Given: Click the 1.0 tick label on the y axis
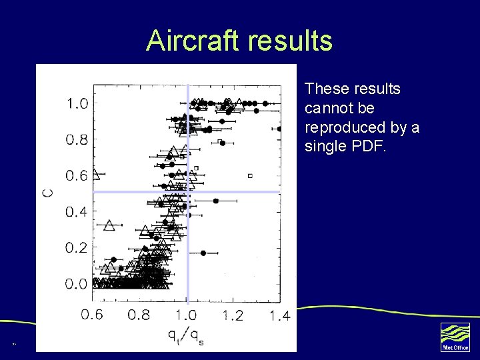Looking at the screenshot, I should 76,103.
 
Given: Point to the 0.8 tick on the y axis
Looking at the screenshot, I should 76,139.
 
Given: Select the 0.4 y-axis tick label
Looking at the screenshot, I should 76,212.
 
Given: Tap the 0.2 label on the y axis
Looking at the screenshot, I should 76,248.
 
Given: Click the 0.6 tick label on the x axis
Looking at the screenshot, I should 92,315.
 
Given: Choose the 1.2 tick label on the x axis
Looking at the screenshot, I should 233,315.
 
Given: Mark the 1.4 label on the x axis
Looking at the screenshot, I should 279,315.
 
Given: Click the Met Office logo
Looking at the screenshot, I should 455,336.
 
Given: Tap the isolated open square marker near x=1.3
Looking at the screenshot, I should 250,175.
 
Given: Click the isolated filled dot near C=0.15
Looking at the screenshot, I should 203,253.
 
